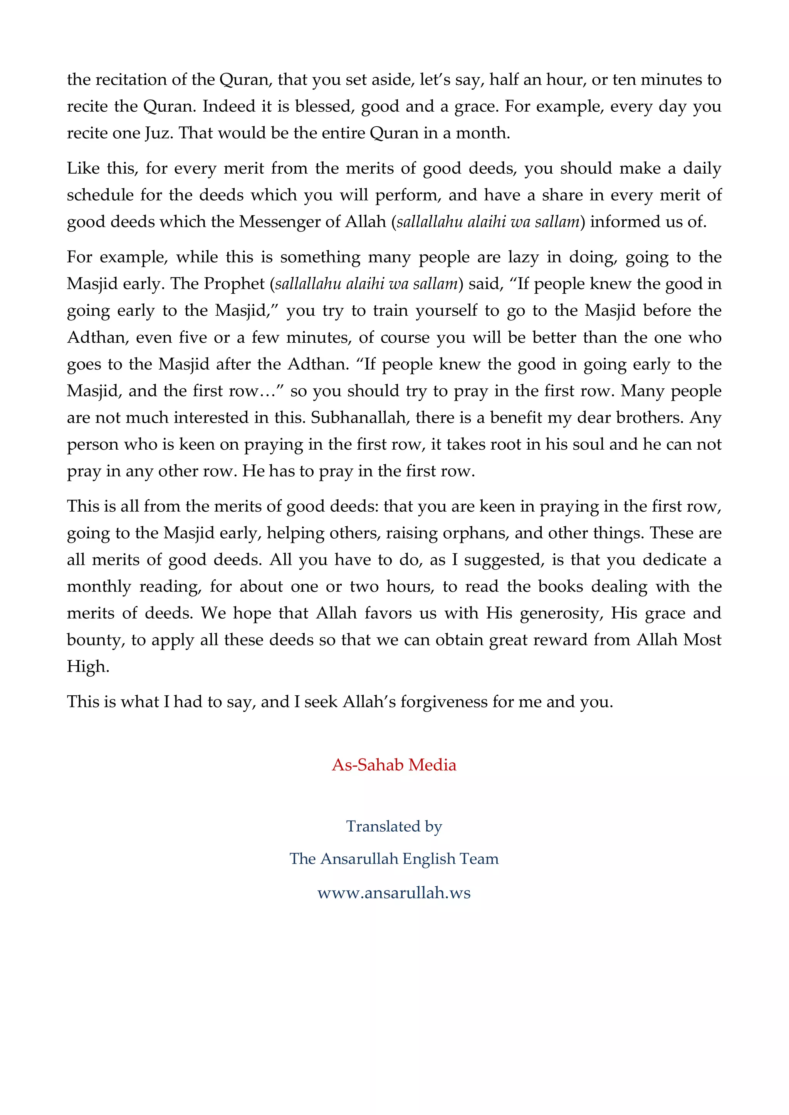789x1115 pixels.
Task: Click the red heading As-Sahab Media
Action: (394, 765)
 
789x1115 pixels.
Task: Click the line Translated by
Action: (394, 826)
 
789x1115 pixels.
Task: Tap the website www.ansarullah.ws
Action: (394, 892)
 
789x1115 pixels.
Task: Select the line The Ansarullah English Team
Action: (394, 859)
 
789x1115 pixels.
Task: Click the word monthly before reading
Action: (99, 587)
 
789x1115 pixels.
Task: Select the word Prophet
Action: (234, 284)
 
